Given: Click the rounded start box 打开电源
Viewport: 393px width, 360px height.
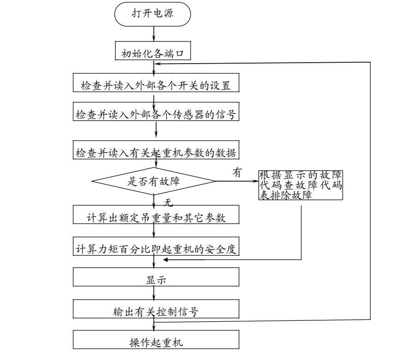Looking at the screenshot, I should [152, 14].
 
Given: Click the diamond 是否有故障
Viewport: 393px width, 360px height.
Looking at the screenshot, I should [154, 181].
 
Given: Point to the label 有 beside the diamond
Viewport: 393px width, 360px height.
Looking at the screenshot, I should [237, 173].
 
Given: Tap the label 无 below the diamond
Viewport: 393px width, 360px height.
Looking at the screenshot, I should [168, 202].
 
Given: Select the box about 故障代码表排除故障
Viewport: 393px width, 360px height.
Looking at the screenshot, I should [301, 185].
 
